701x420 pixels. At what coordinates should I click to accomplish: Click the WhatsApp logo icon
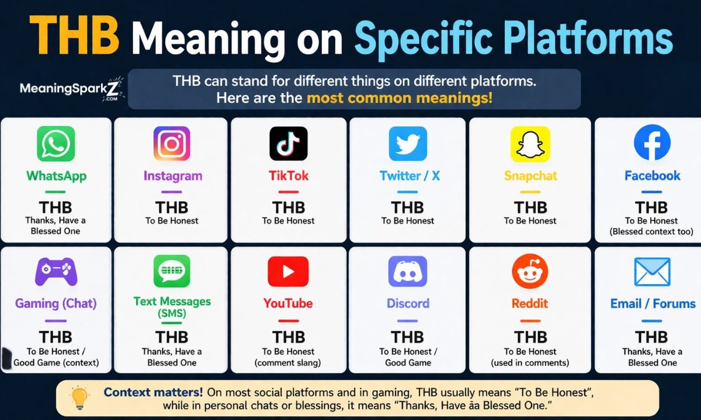coord(56,143)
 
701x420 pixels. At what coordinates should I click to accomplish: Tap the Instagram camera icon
coord(172,143)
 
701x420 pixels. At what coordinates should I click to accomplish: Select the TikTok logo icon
coord(288,143)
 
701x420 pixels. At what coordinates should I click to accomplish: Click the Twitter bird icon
coord(408,143)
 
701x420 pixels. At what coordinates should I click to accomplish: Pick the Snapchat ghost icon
coord(530,143)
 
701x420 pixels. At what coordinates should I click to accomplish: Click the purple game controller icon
coord(55,271)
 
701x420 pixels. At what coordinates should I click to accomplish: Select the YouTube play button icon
coord(288,271)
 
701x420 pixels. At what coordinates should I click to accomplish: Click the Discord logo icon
coord(408,271)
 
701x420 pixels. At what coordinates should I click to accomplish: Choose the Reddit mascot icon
coord(530,271)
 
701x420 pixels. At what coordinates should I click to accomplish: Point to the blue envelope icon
coord(652,272)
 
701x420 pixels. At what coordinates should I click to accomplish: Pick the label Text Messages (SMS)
coord(172,307)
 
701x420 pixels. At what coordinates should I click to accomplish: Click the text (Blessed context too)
coord(652,232)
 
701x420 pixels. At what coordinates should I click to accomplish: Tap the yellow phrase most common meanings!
coord(400,97)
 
